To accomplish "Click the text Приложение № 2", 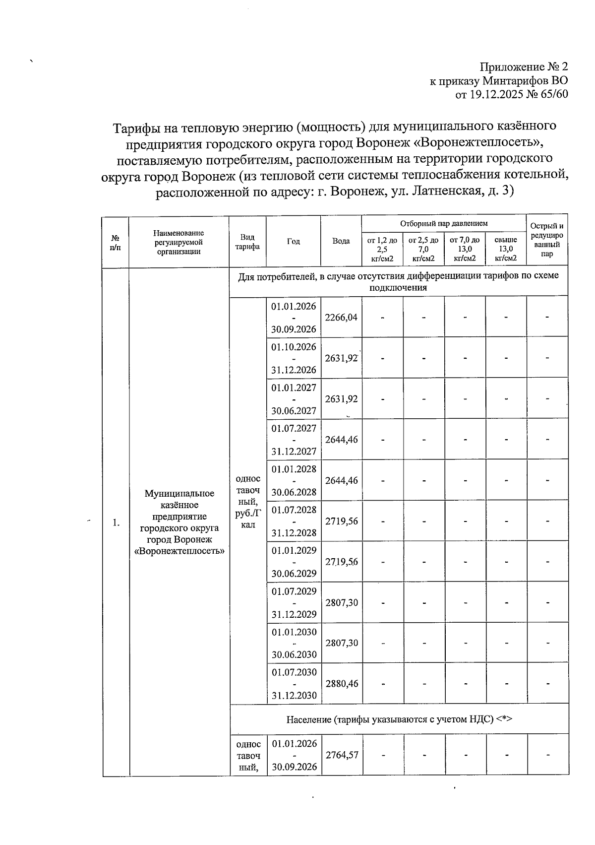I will (x=524, y=67).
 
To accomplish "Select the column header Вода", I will (x=341, y=241).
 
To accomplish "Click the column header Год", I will (x=293, y=241).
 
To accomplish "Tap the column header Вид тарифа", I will (x=247, y=242).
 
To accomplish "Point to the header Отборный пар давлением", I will (x=444, y=224).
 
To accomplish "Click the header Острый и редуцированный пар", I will (x=547, y=240).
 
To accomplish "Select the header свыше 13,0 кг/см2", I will (x=506, y=249).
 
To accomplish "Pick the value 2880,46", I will (x=341, y=683).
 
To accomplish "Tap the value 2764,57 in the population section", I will (x=341, y=755).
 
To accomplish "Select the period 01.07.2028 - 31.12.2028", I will (x=294, y=521).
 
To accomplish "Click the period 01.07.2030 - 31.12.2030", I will (x=294, y=684).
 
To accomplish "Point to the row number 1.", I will (x=116, y=522).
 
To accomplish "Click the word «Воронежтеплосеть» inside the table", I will (x=179, y=551).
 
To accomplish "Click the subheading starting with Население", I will (x=399, y=719).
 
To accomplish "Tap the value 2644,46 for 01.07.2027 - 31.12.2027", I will (x=341, y=440).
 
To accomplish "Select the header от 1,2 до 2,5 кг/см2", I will (x=382, y=249).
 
